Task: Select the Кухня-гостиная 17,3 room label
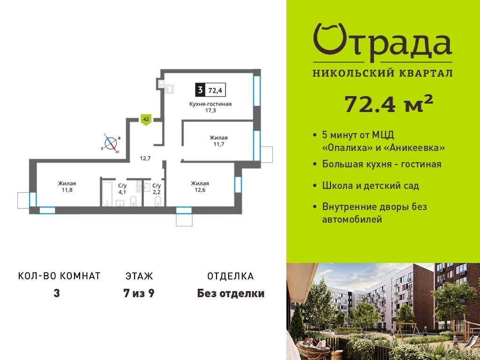point(210,107)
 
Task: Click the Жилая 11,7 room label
point(218,141)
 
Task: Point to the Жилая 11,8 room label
point(67,187)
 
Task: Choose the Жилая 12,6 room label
point(200,187)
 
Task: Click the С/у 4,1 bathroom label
point(122,189)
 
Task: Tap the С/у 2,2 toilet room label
point(157,189)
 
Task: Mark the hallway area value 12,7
point(145,158)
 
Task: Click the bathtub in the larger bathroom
point(107,194)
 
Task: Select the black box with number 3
point(200,90)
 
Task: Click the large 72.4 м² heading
point(389,104)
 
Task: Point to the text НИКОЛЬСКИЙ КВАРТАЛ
point(382,73)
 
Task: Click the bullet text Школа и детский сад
point(370,186)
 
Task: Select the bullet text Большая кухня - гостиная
point(382,164)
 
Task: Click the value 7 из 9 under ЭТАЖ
point(139,293)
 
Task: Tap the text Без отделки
point(231,293)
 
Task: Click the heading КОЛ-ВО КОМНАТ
point(60,276)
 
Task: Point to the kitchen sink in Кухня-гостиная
point(169,89)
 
